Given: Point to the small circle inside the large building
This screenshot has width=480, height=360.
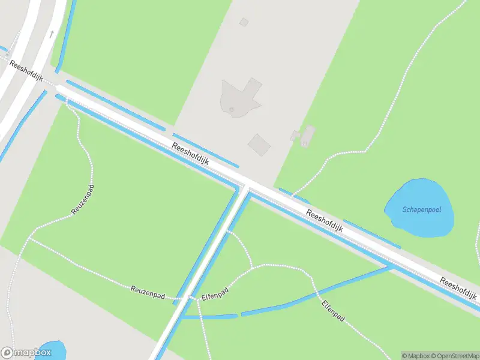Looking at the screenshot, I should coord(232,109).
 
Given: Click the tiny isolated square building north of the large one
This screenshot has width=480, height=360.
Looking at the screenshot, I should coord(244,22).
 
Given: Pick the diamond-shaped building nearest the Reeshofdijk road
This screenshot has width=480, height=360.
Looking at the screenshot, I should coord(260,145).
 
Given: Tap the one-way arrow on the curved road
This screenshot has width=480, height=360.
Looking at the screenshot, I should coord(52,34).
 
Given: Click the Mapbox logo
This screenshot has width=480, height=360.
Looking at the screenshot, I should coord(25,353).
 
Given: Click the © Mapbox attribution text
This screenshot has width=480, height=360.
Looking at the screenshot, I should coord(416,356).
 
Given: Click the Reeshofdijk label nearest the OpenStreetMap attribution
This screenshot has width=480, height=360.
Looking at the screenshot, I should coord(458,290).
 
